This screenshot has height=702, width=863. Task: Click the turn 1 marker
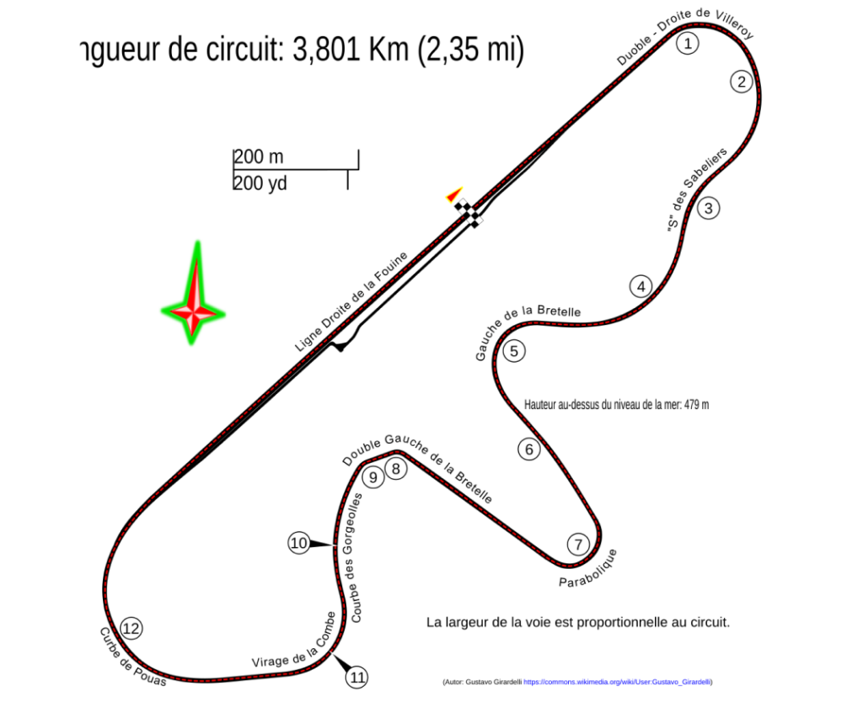pos(688,43)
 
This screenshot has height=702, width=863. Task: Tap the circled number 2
pos(741,82)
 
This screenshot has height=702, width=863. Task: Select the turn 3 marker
pos(708,208)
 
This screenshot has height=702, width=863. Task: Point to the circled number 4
pos(641,286)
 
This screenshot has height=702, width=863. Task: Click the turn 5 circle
pos(513,351)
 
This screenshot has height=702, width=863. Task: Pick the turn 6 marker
pos(529,449)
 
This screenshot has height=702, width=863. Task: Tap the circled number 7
pos(577,545)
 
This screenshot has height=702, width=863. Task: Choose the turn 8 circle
pos(395,468)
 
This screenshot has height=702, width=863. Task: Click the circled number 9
pos(373,477)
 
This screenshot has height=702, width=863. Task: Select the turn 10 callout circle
pos(299,544)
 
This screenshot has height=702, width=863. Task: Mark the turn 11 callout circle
pos(357,677)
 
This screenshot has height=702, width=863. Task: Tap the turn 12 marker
pos(131,628)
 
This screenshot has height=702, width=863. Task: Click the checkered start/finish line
pos(470,213)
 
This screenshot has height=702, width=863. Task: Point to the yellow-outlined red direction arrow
pos(455,194)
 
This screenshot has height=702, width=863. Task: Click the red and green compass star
pos(194,303)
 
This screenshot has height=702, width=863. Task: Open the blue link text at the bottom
pos(616,682)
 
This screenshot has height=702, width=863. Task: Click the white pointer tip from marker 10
pos(338,546)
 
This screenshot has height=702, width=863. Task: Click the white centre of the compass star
pos(193,313)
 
